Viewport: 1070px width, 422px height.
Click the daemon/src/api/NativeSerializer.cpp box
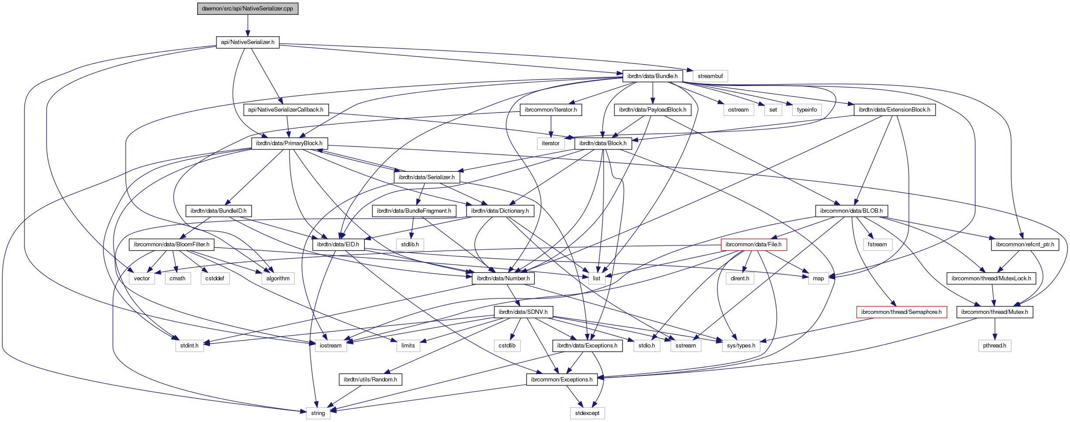click(x=247, y=9)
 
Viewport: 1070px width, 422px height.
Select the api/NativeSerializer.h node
click(x=247, y=42)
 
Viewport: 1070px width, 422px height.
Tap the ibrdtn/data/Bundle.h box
click(x=652, y=76)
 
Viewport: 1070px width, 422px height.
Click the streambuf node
click(x=710, y=76)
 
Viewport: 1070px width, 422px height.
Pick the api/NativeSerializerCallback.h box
click(x=285, y=110)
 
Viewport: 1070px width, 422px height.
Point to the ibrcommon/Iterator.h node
click(x=550, y=110)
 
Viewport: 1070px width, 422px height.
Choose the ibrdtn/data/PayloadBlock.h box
click(x=652, y=110)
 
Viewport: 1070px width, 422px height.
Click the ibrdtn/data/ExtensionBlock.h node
click(x=894, y=110)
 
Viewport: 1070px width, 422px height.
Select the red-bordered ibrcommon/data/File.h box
click(x=753, y=245)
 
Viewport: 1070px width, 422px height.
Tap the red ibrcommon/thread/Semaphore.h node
click(x=901, y=312)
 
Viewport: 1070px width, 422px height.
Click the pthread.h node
click(x=995, y=346)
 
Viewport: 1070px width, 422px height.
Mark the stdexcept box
click(x=587, y=413)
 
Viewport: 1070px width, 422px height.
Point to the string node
click(x=318, y=413)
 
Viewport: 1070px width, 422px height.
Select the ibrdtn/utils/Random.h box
click(x=370, y=380)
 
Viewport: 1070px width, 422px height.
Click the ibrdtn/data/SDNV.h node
click(x=523, y=312)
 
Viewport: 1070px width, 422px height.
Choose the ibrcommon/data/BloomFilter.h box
click(x=171, y=245)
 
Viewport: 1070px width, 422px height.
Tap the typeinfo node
click(x=806, y=110)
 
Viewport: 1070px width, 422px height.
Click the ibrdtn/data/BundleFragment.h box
click(x=414, y=211)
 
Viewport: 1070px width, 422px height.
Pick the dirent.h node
click(x=740, y=279)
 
